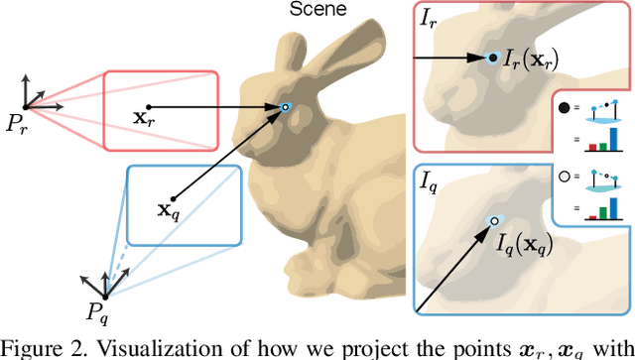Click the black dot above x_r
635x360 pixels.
149,105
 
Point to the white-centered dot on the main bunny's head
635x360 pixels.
286,107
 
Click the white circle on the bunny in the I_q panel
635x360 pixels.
493,221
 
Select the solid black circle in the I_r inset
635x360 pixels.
565,106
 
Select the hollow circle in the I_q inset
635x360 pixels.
565,180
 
